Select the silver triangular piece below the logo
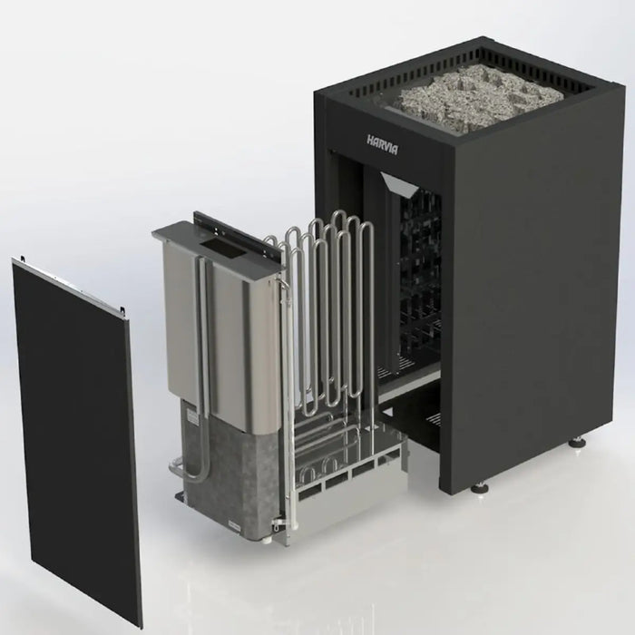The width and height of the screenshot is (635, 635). (x=402, y=189)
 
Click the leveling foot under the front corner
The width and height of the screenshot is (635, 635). (x=480, y=487)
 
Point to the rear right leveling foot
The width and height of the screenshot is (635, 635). (x=577, y=444)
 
